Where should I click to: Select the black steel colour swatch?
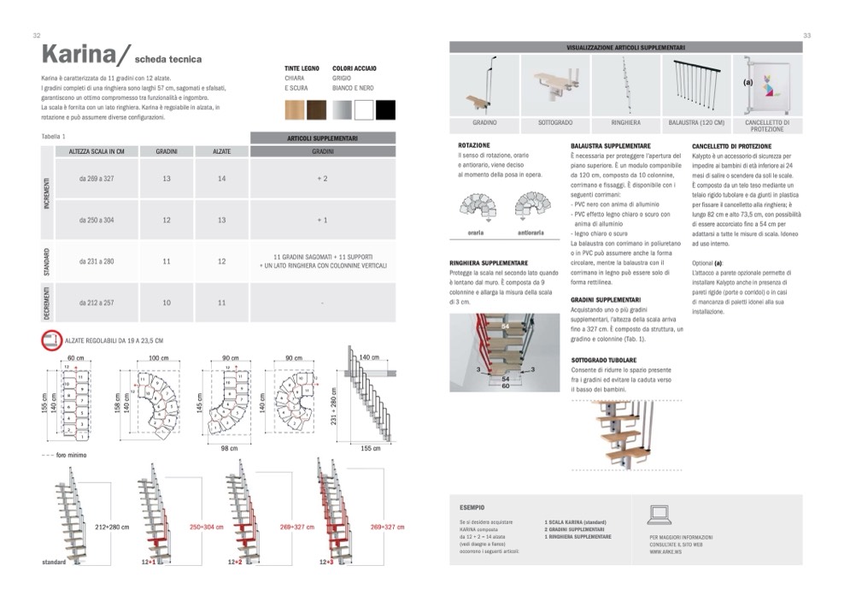(x=385, y=109)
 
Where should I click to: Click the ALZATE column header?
(x=221, y=150)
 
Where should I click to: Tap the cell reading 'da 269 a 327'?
(x=97, y=179)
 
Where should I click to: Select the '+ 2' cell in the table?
(x=322, y=179)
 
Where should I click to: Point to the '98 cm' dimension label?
(x=228, y=448)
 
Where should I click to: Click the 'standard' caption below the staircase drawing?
(x=54, y=564)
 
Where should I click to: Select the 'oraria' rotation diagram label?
(x=476, y=232)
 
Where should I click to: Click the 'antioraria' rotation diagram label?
(x=530, y=232)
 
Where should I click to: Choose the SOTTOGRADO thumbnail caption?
(x=555, y=123)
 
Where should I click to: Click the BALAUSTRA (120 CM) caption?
(x=696, y=123)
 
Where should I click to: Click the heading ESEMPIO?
(x=472, y=506)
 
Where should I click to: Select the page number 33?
(x=806, y=36)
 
